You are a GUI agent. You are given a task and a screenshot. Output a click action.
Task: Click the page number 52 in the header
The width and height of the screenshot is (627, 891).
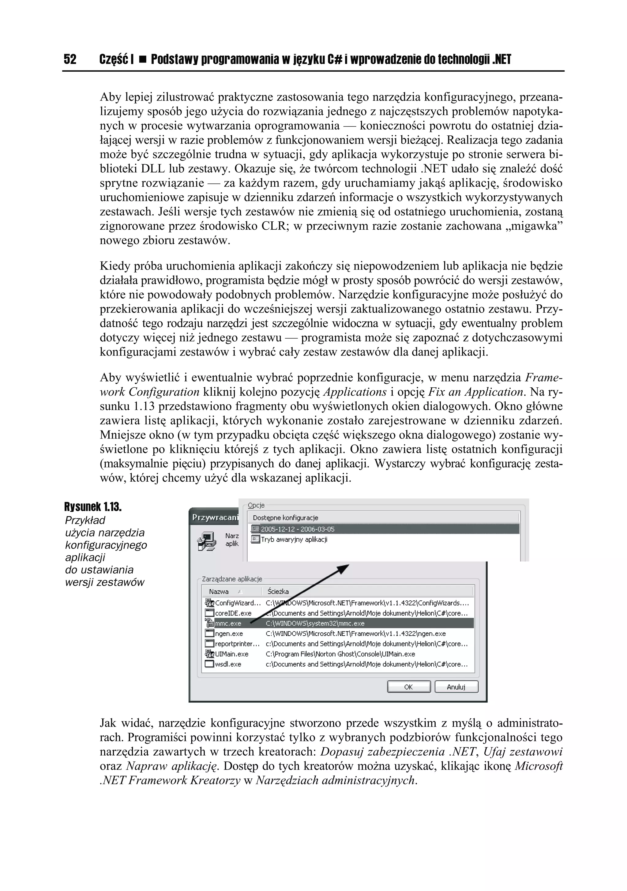(x=70, y=59)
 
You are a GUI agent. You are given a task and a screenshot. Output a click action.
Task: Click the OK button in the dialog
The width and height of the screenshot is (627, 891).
(x=408, y=687)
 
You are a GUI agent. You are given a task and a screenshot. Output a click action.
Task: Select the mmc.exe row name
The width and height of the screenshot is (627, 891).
(x=228, y=623)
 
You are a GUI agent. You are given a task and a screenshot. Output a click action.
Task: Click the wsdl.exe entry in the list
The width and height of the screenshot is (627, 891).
(x=228, y=664)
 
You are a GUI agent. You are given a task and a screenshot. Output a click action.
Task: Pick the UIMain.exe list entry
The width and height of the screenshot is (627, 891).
(x=232, y=654)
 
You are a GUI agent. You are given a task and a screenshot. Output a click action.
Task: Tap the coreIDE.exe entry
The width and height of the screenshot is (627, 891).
(x=233, y=613)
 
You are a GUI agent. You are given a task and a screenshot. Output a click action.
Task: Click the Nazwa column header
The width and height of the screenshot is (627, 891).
(x=219, y=592)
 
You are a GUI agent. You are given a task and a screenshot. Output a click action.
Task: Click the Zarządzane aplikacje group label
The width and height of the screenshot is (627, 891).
(x=232, y=579)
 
